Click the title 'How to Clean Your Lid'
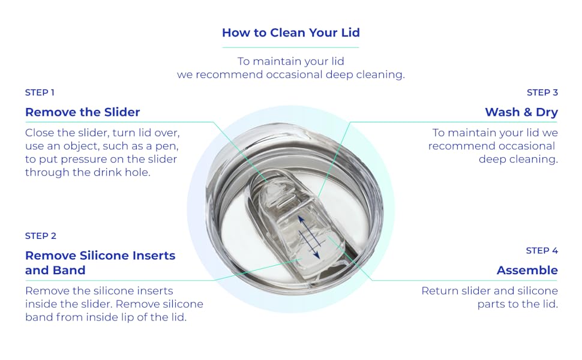(290, 32)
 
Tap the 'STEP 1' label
(40, 92)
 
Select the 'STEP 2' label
(41, 236)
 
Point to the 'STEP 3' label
(542, 92)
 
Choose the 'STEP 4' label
(542, 250)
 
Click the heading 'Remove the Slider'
(82, 112)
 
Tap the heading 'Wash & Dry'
(521, 112)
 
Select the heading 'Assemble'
(527, 270)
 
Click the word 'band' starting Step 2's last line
(39, 317)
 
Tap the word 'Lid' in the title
(349, 32)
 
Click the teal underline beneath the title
(290, 47)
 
